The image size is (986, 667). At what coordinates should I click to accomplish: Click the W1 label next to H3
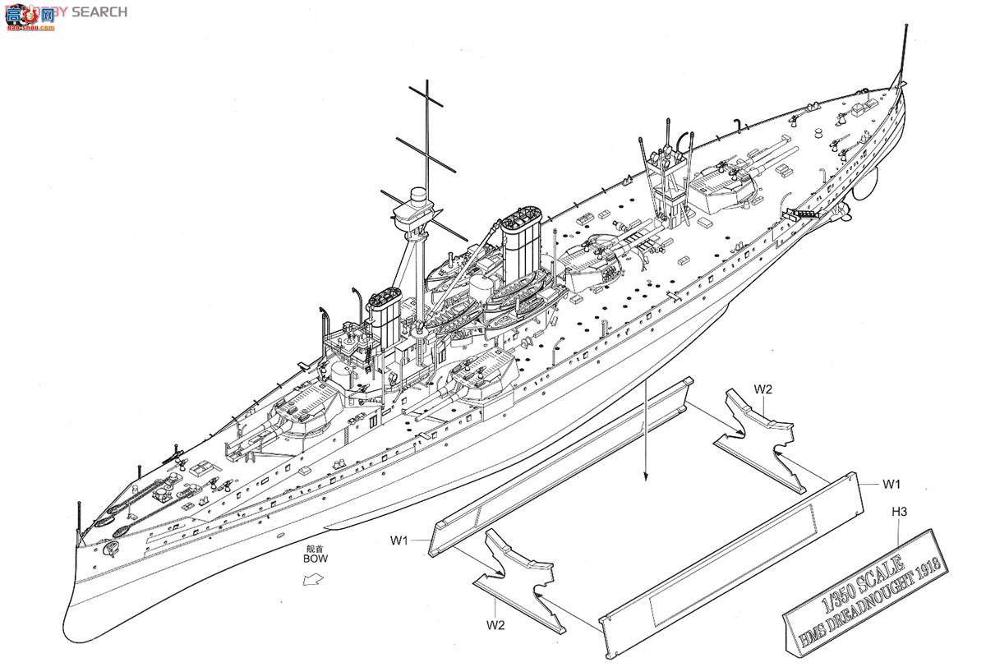click(892, 483)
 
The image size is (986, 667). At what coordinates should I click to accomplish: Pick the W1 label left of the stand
click(400, 540)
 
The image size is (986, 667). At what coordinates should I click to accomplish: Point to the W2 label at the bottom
click(495, 625)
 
